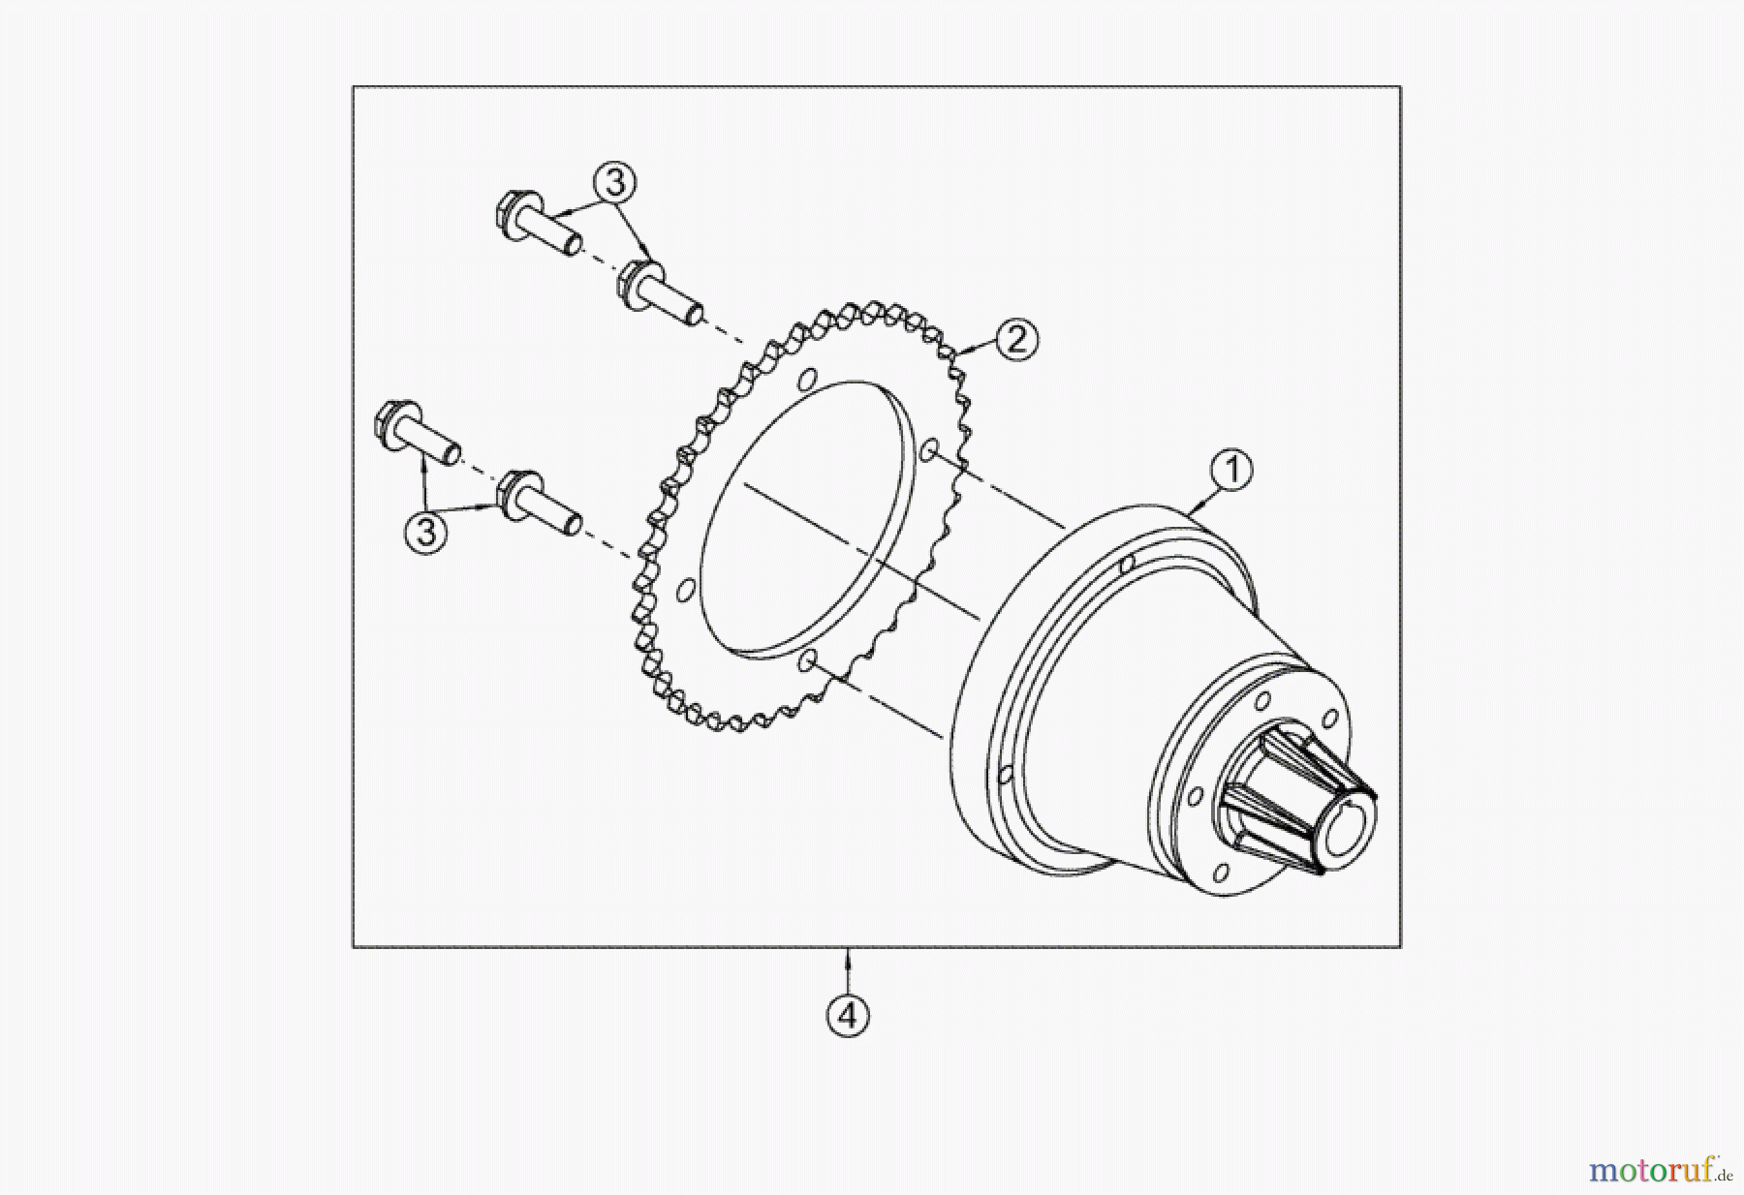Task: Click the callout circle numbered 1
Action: tap(1231, 471)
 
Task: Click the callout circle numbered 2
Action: tap(1016, 340)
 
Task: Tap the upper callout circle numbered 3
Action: tap(615, 182)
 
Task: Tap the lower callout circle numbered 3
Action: tap(426, 532)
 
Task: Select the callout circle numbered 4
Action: tap(848, 1016)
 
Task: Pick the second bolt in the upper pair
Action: tap(659, 293)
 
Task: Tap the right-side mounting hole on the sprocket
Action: tap(928, 450)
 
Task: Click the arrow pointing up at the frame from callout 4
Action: tap(849, 959)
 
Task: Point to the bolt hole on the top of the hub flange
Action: tap(1127, 565)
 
